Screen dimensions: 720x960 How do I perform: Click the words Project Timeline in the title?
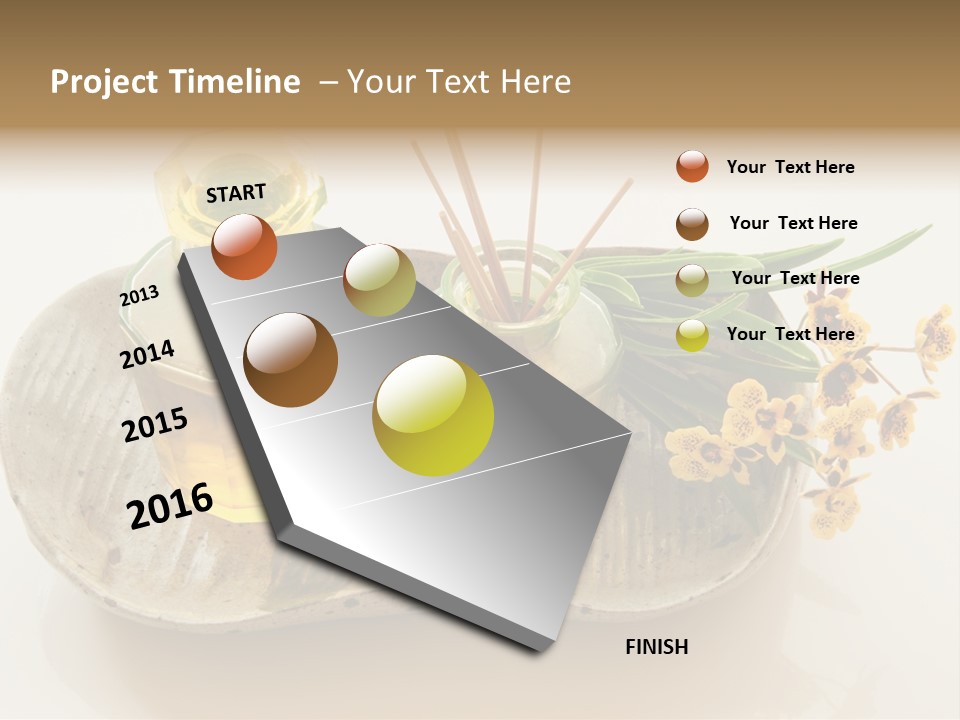coord(175,82)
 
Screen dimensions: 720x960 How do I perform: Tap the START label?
coord(236,193)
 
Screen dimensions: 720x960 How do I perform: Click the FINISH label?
coord(657,647)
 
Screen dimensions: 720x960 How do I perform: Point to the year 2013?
coord(140,296)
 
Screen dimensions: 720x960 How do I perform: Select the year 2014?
coord(147,354)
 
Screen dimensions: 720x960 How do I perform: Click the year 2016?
coord(170,504)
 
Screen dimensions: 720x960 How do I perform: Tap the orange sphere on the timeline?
coord(244,246)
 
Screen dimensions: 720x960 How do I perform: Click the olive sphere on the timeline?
coord(379,280)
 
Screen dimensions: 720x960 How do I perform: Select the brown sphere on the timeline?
coord(291,360)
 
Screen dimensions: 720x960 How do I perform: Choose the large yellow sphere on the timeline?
coord(433,415)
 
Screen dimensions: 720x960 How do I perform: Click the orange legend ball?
coord(692,166)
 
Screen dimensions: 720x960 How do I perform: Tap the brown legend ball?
coord(692,224)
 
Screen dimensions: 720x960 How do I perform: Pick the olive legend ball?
coord(692,280)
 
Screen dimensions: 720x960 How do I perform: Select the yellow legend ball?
coord(692,336)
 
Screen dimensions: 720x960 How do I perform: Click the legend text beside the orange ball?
coord(791,167)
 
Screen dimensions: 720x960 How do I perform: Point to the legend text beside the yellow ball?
coord(791,334)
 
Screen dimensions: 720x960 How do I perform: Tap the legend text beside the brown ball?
coord(794,223)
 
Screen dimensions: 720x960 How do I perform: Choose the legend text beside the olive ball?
coord(796,278)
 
